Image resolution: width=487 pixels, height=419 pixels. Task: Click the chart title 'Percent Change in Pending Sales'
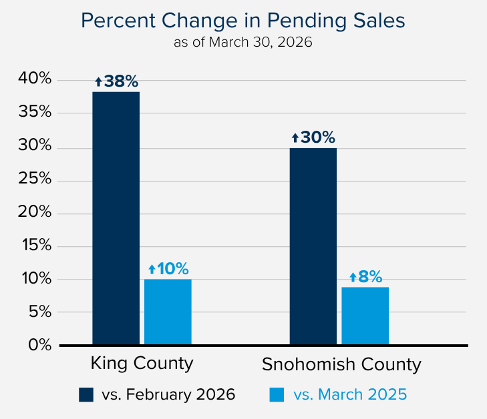[x=243, y=21]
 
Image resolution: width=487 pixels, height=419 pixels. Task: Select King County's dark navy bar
[x=116, y=218]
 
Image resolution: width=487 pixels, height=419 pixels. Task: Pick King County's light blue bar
[x=168, y=312]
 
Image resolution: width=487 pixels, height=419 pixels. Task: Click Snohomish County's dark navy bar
[x=313, y=246]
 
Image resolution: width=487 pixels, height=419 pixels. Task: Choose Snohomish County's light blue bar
[x=365, y=316]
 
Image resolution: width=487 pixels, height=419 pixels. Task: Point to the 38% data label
[x=116, y=81]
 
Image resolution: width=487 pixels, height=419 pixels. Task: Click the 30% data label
[x=313, y=137]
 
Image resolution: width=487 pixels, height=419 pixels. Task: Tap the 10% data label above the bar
[x=168, y=269]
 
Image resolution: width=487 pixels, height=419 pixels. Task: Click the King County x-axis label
[x=142, y=364]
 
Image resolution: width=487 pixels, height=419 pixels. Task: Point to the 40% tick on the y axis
[x=35, y=79]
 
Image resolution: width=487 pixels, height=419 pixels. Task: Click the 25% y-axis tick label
[x=35, y=179]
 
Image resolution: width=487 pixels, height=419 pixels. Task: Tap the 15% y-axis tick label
[x=35, y=246]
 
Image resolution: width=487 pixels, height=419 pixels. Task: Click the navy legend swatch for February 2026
[x=86, y=394]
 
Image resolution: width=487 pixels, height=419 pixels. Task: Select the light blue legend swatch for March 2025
[x=277, y=394]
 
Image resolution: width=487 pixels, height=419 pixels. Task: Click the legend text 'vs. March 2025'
[x=350, y=394]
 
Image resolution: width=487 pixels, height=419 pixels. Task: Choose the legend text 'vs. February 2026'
[x=168, y=394]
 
